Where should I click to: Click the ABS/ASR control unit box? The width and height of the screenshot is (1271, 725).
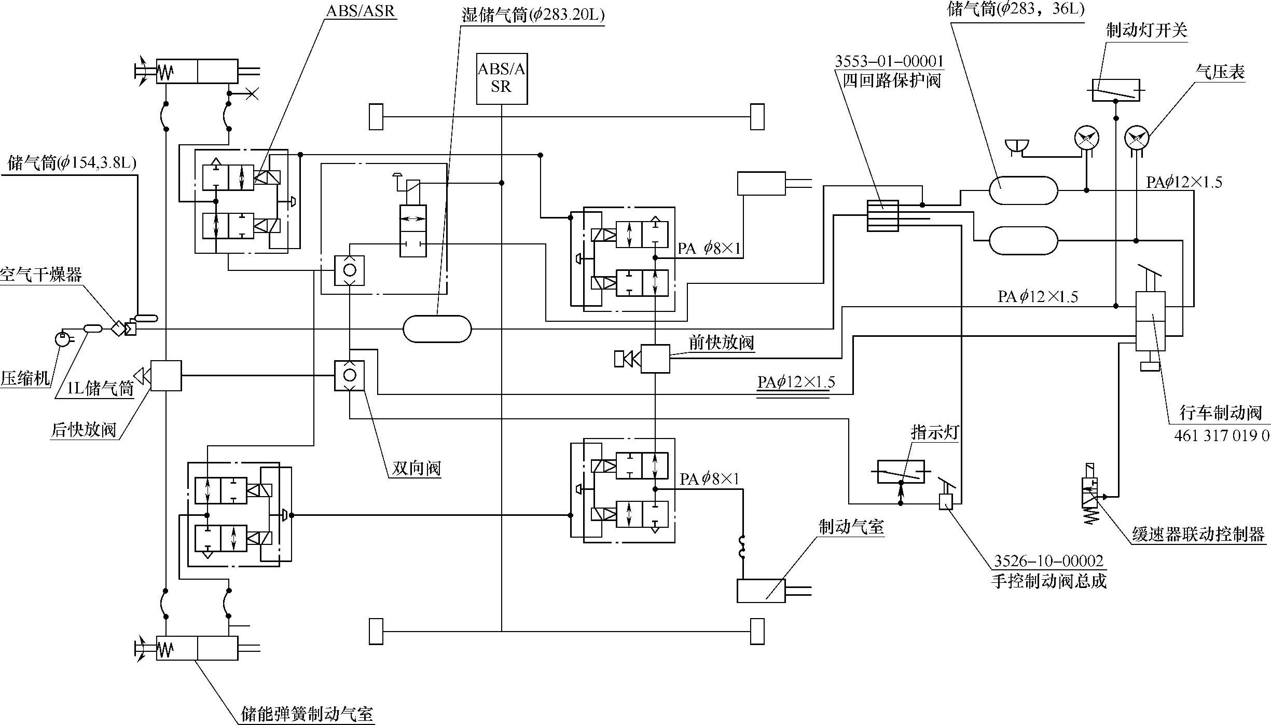click(x=502, y=78)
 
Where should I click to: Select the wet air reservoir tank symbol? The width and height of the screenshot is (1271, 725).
click(x=437, y=329)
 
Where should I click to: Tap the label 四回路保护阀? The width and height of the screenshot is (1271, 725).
click(x=891, y=81)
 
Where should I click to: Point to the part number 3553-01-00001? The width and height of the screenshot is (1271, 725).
click(x=889, y=62)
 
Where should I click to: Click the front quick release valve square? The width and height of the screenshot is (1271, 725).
click(x=655, y=359)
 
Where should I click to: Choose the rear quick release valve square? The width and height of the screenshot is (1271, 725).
click(x=166, y=375)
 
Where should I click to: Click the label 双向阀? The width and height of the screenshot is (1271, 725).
click(x=416, y=468)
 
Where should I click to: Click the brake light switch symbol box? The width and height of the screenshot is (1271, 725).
click(x=1115, y=90)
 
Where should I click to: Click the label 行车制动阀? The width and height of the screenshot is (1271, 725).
click(x=1220, y=413)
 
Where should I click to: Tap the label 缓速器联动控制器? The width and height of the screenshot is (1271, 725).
click(x=1198, y=535)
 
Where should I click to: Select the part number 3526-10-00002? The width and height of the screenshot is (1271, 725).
click(x=1048, y=561)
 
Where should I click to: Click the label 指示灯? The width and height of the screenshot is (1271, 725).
click(x=934, y=433)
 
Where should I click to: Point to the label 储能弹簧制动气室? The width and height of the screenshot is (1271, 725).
click(x=307, y=714)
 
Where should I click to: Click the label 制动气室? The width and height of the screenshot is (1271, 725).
click(x=851, y=527)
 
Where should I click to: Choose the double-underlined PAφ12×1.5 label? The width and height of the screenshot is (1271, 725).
click(x=796, y=382)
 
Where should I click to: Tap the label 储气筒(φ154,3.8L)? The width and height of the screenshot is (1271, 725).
click(x=72, y=163)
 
